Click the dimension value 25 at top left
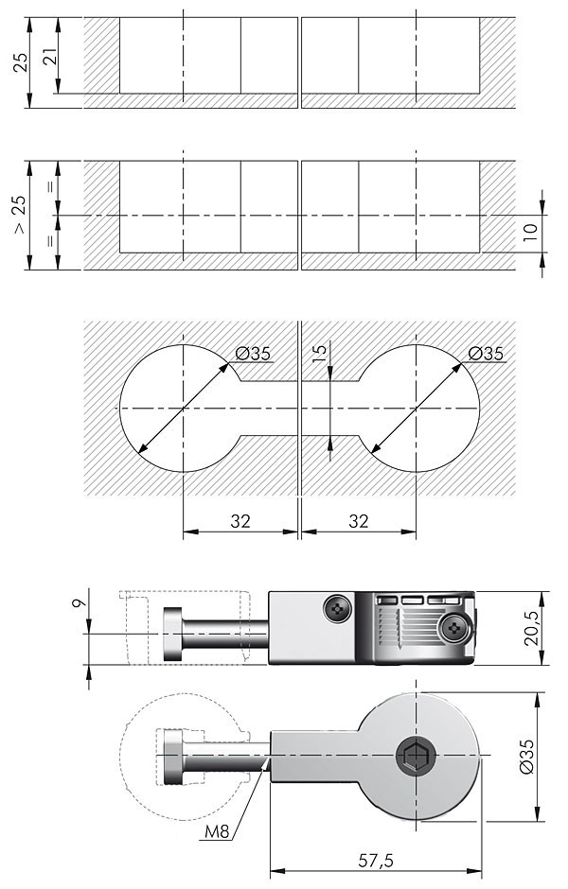(x=20, y=62)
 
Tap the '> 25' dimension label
(x=20, y=216)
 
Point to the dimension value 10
(x=530, y=233)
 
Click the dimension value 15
(x=320, y=353)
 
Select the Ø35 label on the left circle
(x=253, y=354)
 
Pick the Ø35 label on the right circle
(x=486, y=354)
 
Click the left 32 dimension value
(x=240, y=520)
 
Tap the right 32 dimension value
(x=358, y=520)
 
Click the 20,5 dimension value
(x=532, y=628)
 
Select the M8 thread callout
(x=217, y=831)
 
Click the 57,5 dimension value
(x=375, y=860)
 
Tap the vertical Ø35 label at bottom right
(x=526, y=757)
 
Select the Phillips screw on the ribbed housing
(x=455, y=628)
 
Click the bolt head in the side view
(x=172, y=634)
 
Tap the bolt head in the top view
(x=172, y=757)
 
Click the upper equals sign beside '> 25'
(x=50, y=187)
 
